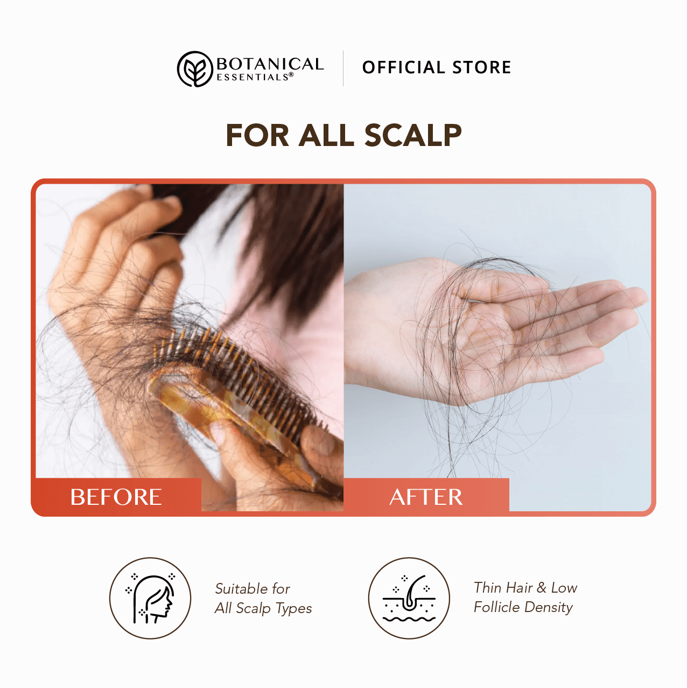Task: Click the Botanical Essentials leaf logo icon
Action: tap(195, 69)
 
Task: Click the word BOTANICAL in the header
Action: tap(270, 64)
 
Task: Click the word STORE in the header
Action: tap(481, 67)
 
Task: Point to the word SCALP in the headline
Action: tap(413, 135)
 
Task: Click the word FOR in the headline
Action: tap(257, 135)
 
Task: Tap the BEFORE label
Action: tap(116, 497)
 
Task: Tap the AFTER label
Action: tap(426, 497)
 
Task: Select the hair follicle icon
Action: tap(409, 599)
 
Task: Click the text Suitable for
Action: tap(253, 589)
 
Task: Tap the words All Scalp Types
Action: tap(263, 608)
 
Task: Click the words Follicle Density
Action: tap(523, 607)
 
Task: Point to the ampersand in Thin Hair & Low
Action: tap(542, 588)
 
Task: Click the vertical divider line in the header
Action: tap(343, 68)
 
